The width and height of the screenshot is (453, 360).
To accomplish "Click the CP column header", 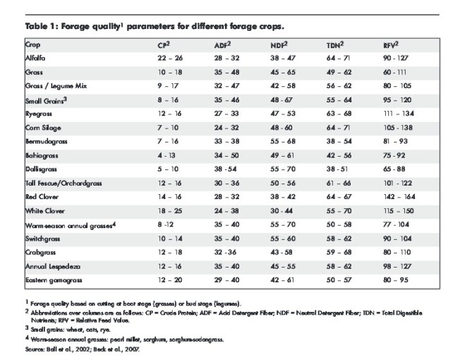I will coord(164,44).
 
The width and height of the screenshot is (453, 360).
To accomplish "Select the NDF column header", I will coord(280,44).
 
